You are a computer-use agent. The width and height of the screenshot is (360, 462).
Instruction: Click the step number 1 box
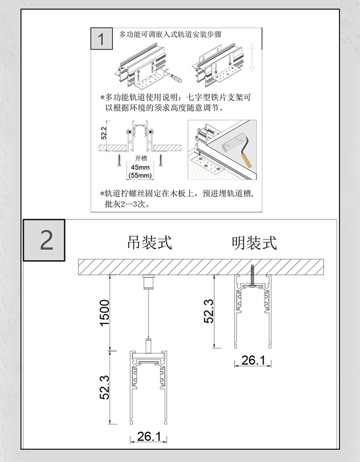point(102,39)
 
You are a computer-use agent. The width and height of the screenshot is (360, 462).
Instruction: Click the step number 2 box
point(44,240)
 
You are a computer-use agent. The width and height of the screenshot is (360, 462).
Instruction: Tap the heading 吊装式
point(149,242)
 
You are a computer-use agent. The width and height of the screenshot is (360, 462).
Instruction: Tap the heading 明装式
point(254,242)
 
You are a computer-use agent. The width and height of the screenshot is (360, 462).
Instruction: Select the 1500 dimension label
point(104,312)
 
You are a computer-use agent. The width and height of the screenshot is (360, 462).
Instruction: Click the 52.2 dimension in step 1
point(103,132)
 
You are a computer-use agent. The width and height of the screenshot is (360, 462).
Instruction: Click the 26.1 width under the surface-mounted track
point(253,360)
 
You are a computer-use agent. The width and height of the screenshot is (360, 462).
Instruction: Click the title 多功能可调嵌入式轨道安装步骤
point(170,34)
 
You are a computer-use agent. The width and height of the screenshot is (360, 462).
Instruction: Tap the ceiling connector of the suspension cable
point(148,283)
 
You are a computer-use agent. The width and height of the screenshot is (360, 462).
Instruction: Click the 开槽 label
point(141,158)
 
